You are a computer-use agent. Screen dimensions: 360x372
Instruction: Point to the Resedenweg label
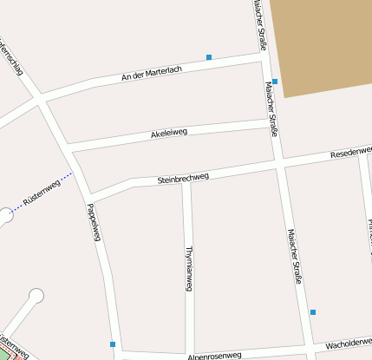point(350,154)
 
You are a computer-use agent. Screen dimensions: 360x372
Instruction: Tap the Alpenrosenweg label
point(214,356)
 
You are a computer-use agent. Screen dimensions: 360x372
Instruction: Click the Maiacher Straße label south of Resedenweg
point(295,257)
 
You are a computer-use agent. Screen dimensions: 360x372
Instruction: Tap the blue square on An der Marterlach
point(209,57)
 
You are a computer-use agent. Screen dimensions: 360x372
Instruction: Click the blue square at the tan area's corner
point(275,82)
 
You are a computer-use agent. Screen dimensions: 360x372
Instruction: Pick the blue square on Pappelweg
point(113,344)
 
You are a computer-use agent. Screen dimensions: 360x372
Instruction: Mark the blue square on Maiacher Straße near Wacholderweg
point(313,312)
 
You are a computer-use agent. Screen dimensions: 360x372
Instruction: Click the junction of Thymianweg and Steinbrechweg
point(186,180)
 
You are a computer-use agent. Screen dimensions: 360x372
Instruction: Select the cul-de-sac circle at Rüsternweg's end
point(6,213)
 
